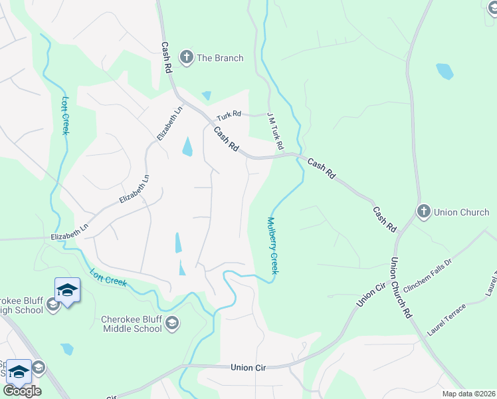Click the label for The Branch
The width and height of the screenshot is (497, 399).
[x=220, y=58]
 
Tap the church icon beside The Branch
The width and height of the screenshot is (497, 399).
[x=186, y=57]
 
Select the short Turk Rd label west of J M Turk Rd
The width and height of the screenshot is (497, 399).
[x=227, y=114]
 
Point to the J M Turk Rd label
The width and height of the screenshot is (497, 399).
[x=275, y=130]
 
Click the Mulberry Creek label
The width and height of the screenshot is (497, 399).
[x=272, y=245]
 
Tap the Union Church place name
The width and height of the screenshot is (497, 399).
[x=461, y=212]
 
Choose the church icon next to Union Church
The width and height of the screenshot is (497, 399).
[x=423, y=211]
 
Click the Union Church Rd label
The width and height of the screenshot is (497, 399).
[x=401, y=286]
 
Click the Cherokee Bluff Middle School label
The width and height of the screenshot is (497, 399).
[x=131, y=323]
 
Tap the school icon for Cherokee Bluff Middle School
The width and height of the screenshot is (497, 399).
[x=171, y=323]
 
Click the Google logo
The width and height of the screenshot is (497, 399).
[x=21, y=390]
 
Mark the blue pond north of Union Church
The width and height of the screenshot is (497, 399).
[x=444, y=70]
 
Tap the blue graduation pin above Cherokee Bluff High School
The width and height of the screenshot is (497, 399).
[x=67, y=290]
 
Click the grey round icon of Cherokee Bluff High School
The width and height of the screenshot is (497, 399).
[x=53, y=306]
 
